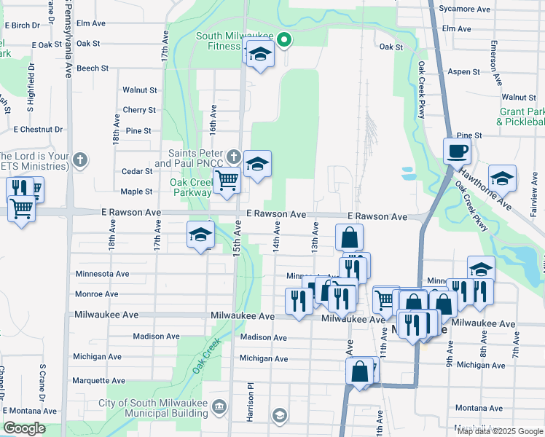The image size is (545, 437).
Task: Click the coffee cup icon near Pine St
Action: point(457,151)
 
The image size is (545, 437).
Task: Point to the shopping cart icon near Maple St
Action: point(227,178)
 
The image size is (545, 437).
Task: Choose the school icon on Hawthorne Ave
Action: point(502,178)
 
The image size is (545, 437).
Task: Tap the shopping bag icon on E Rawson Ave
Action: point(350,237)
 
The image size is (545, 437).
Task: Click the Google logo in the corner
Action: point(24,428)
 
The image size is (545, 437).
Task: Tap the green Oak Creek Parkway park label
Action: point(189,187)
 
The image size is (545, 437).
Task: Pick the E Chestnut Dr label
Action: point(38,130)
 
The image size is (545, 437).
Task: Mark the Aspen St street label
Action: point(464,72)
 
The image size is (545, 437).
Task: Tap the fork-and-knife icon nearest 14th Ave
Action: point(297,301)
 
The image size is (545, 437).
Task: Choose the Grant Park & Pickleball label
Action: point(520,117)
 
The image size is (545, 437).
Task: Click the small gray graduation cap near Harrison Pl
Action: point(278,415)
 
